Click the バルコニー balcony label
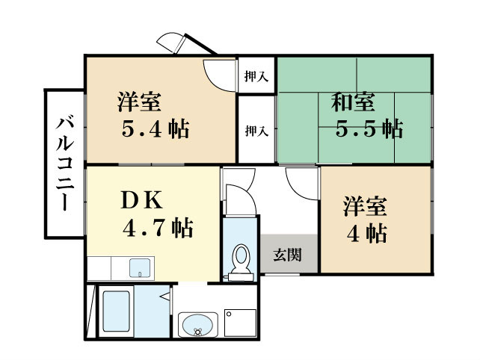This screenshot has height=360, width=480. tap(64, 164)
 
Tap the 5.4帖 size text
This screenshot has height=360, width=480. tap(156, 129)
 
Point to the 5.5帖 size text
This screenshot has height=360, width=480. tap(369, 128)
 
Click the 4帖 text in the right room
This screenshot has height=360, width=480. tap(366, 233)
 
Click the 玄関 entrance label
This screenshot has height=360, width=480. tap(287, 255)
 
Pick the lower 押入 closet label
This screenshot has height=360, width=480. tap(256, 131)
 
